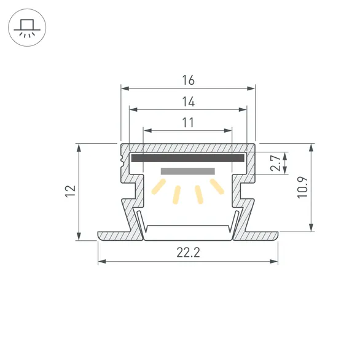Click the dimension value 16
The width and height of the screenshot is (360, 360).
[x=188, y=80]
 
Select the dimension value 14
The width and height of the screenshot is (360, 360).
[x=188, y=102]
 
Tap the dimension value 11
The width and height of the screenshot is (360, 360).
[x=188, y=122]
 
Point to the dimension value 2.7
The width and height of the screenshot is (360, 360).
[x=276, y=164]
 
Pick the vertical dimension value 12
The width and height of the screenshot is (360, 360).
[x=71, y=191]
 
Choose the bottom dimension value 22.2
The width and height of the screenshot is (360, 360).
[x=188, y=252]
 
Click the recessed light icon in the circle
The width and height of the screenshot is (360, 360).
[x=26, y=27]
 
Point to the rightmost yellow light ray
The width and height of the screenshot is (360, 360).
[x=216, y=186]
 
